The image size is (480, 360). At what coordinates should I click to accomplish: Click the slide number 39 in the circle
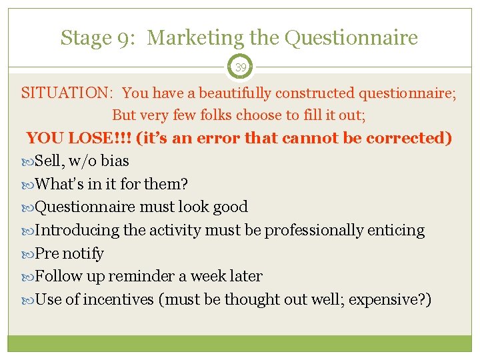click(x=240, y=67)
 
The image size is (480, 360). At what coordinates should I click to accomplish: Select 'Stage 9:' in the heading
click(x=99, y=38)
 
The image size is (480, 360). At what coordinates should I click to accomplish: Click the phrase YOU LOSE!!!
click(x=78, y=138)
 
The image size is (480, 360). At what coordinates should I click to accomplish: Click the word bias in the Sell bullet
click(x=115, y=161)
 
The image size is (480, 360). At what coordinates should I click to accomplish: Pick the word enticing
click(x=396, y=230)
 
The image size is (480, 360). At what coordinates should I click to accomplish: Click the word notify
click(x=83, y=254)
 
